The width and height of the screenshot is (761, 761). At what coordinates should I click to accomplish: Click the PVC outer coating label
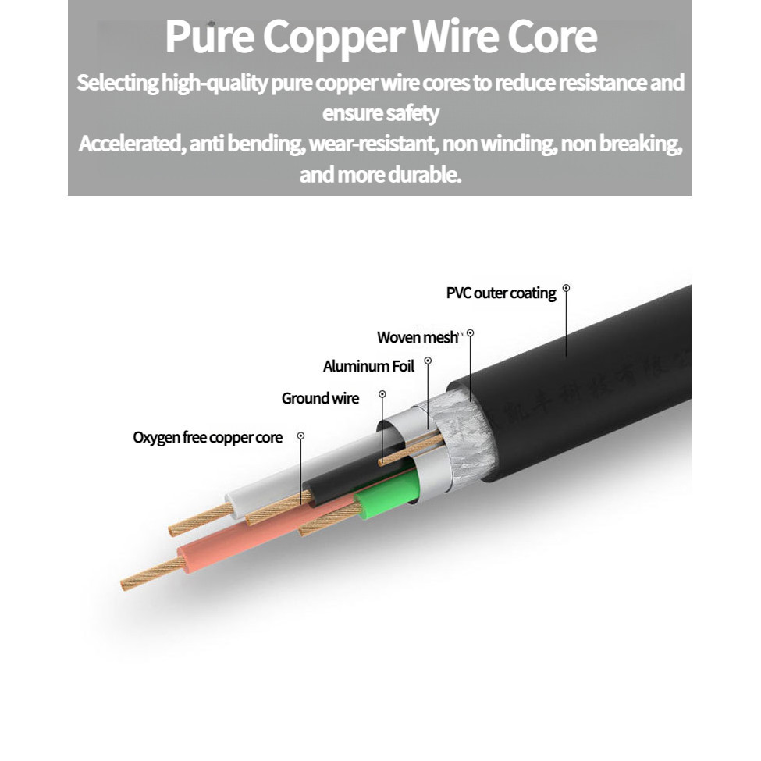click(501, 293)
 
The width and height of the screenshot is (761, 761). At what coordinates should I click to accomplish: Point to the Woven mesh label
click(418, 337)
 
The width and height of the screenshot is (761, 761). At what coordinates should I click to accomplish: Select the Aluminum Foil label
click(368, 366)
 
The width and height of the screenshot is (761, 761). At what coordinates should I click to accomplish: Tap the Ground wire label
click(320, 399)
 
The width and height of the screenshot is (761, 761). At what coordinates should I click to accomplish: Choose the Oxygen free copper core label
click(208, 438)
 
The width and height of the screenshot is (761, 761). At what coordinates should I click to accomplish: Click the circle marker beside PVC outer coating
click(567, 288)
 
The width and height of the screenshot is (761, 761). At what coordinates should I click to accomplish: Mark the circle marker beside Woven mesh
click(470, 332)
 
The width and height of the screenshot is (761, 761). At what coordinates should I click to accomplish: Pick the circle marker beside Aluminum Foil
click(429, 361)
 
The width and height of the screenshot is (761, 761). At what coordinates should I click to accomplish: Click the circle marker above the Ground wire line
click(382, 394)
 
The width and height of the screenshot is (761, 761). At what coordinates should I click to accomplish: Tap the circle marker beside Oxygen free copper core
click(301, 435)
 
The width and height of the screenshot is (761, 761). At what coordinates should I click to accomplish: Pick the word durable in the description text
click(425, 174)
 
